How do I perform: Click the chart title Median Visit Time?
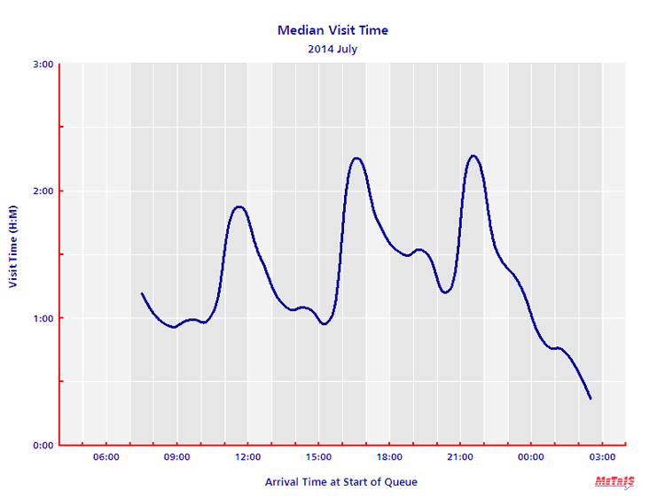pyautogui.click(x=332, y=30)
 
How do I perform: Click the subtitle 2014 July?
pyautogui.click(x=332, y=49)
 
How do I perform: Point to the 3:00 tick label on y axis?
pyautogui.click(x=43, y=64)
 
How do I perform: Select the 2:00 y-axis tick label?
pyautogui.click(x=43, y=191)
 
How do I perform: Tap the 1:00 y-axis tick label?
pyautogui.click(x=43, y=318)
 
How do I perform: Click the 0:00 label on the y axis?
pyautogui.click(x=43, y=445)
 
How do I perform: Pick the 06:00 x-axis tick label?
pyautogui.click(x=106, y=457)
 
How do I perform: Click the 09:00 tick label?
pyautogui.click(x=176, y=457)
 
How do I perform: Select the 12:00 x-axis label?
pyautogui.click(x=247, y=457)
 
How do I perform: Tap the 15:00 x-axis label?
pyautogui.click(x=318, y=457)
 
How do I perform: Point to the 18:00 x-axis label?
pyautogui.click(x=389, y=457)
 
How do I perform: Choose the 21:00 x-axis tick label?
pyautogui.click(x=460, y=457)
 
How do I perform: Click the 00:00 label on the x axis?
pyautogui.click(x=531, y=457)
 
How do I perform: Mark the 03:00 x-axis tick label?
pyautogui.click(x=602, y=457)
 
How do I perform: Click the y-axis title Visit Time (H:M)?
pyautogui.click(x=13, y=254)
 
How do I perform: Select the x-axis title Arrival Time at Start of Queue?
pyautogui.click(x=340, y=482)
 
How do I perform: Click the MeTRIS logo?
pyautogui.click(x=614, y=481)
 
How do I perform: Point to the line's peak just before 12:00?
pyautogui.click(x=239, y=206)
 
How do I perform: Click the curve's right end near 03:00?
pyautogui.click(x=591, y=399)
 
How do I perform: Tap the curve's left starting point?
pyautogui.click(x=142, y=293)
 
